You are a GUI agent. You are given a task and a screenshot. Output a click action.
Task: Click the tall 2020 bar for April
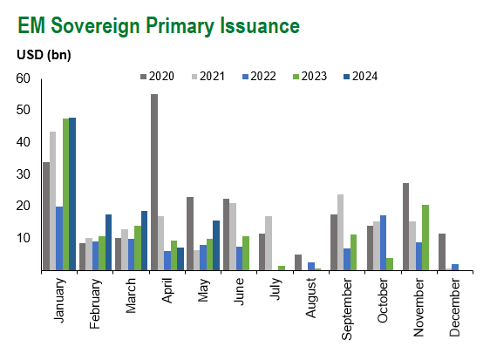(154, 182)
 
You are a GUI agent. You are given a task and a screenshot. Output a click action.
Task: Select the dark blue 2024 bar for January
(72, 194)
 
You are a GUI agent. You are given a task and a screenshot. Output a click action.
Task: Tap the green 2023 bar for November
(425, 237)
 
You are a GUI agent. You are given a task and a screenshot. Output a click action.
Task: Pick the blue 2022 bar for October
(383, 243)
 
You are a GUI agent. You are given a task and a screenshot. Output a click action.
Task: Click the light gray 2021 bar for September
(341, 233)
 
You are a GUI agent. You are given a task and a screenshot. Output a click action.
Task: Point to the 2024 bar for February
(108, 242)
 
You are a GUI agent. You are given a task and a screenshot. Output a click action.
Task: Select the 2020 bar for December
(442, 252)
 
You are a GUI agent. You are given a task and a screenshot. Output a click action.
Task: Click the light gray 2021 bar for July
(269, 243)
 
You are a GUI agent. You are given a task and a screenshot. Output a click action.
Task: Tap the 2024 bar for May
(216, 246)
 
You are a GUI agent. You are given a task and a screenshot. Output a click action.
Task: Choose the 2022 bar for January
(59, 239)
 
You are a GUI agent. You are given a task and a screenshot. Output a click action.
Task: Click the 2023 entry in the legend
(310, 76)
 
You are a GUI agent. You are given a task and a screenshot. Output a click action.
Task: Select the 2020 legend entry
(157, 76)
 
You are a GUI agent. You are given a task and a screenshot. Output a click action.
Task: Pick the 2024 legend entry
(361, 76)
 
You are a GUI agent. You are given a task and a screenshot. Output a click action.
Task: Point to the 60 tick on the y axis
(24, 78)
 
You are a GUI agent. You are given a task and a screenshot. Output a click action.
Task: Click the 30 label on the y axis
(24, 174)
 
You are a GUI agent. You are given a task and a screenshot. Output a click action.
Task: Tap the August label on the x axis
(311, 298)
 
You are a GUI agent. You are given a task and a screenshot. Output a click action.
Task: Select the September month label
(347, 309)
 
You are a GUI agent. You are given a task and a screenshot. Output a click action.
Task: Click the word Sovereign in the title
(95, 25)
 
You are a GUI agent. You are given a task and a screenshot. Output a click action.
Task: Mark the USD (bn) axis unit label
(44, 55)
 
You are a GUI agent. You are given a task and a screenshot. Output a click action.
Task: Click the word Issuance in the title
(260, 25)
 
